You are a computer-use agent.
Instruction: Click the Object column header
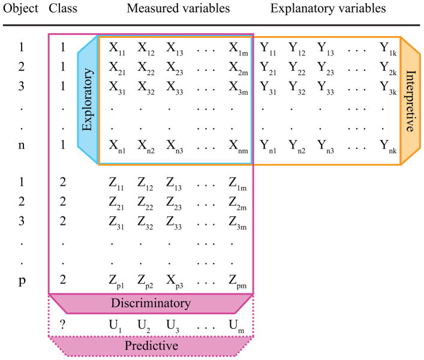[x=21, y=10]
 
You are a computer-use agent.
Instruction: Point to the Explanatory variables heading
[x=328, y=10]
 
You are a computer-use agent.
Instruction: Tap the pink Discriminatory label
[x=151, y=303]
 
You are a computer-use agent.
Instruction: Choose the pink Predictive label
[x=151, y=346]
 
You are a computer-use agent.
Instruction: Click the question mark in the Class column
[x=62, y=325]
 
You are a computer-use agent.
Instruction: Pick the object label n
[x=22, y=144]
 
